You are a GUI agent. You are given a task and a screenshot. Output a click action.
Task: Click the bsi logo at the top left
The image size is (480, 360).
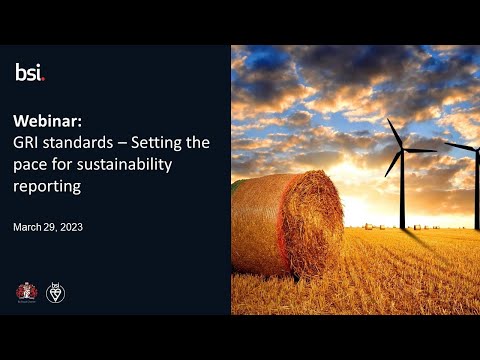coord(30,71)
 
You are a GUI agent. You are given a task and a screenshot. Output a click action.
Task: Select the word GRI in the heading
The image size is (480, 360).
coord(27,142)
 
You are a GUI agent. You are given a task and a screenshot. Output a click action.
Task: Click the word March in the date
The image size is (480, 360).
coord(29,227)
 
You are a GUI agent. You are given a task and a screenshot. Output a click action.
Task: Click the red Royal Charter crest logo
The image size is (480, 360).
coord(26,292)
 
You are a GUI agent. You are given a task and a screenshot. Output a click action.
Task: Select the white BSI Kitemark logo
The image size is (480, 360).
coord(56,292)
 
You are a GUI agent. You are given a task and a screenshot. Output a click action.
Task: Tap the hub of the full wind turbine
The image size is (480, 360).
coord(403,150)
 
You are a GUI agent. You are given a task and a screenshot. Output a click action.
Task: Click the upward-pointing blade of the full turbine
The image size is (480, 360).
coord(397,133)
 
